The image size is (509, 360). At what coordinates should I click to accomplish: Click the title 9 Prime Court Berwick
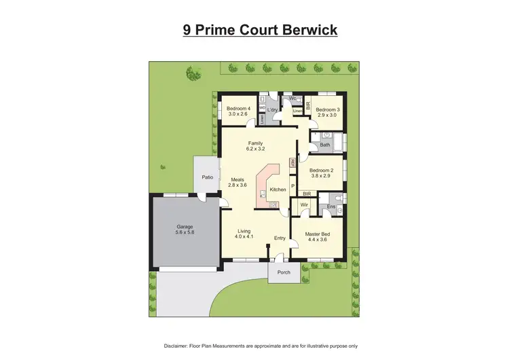pos(260,31)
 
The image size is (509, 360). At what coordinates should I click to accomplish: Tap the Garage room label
pos(185,226)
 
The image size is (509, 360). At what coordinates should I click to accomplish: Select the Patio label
pos(207,177)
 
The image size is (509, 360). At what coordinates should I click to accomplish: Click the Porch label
pos(283,272)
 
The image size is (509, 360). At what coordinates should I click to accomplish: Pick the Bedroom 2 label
pos(321,170)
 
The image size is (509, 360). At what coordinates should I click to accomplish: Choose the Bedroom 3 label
pos(328,109)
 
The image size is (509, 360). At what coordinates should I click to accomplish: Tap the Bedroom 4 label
pos(238,109)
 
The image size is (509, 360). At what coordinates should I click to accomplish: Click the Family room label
pos(255,143)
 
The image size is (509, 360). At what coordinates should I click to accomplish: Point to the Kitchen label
pos(278,190)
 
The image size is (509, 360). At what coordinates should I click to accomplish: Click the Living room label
pos(244,232)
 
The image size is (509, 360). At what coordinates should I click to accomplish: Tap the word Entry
pos(280,238)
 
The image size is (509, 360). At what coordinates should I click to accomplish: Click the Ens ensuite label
pos(331,206)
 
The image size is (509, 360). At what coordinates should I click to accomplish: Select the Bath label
pos(325,145)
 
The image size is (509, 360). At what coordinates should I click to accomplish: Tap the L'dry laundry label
pos(272,109)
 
